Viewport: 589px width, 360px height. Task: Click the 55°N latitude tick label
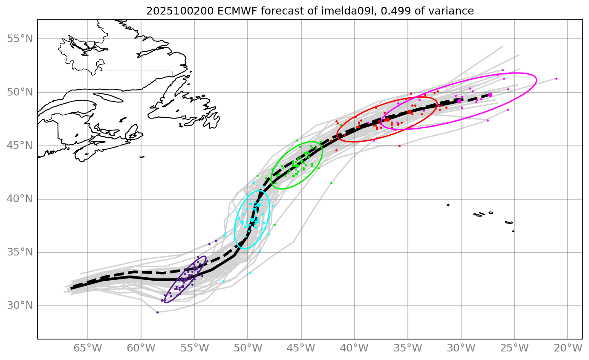20,39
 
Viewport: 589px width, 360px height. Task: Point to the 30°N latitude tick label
20,306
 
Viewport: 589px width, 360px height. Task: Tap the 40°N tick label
20,199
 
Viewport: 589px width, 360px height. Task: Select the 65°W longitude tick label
88,348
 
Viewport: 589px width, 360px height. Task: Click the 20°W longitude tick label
568,348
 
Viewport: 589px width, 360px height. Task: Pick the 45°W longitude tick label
301,348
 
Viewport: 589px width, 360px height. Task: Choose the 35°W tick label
407,348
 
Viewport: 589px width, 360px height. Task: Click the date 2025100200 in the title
167,11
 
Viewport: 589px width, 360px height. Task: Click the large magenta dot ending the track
490,95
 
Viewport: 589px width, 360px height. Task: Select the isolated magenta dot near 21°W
556,78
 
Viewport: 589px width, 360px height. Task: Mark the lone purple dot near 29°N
157,312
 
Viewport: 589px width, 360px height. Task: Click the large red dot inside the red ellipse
409,112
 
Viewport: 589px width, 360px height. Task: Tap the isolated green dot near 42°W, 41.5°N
331,183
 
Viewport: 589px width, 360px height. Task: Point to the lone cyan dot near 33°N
250,273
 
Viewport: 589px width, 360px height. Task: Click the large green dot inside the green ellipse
307,153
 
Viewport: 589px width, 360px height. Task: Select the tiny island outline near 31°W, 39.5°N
448,205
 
